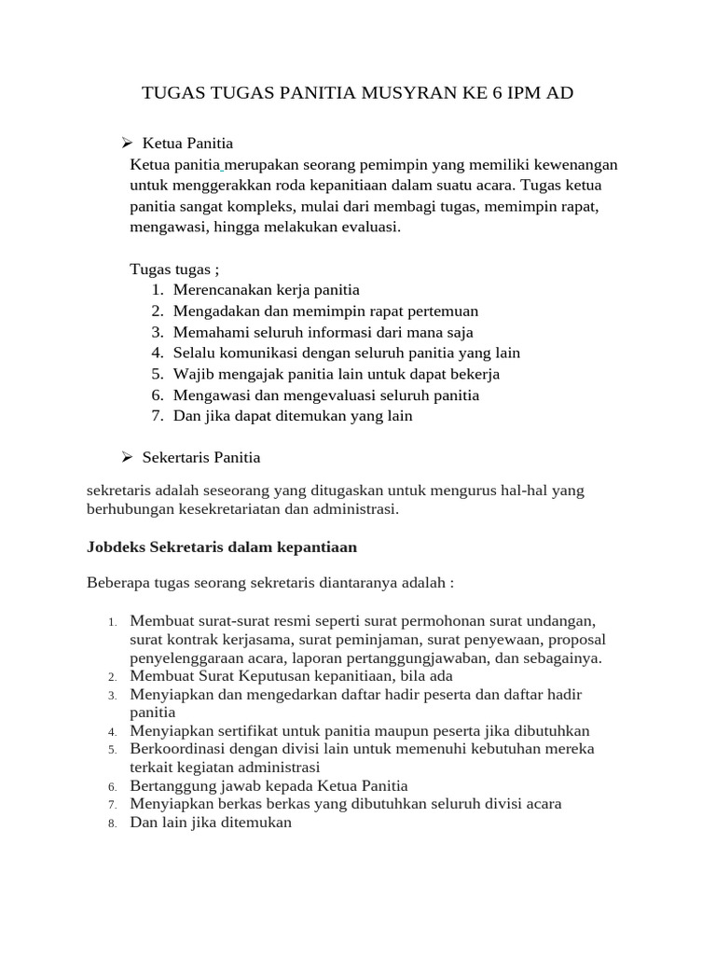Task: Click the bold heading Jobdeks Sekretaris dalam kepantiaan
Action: coord(222,546)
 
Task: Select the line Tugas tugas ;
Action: coord(173,270)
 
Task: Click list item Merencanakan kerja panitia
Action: coord(266,290)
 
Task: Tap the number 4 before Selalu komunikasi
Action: coord(157,353)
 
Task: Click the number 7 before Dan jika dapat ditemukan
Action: coord(157,416)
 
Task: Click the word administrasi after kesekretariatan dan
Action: coord(355,509)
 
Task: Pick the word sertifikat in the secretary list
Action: coord(255,731)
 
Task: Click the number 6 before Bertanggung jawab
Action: coord(111,787)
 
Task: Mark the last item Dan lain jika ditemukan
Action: coord(212,823)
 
